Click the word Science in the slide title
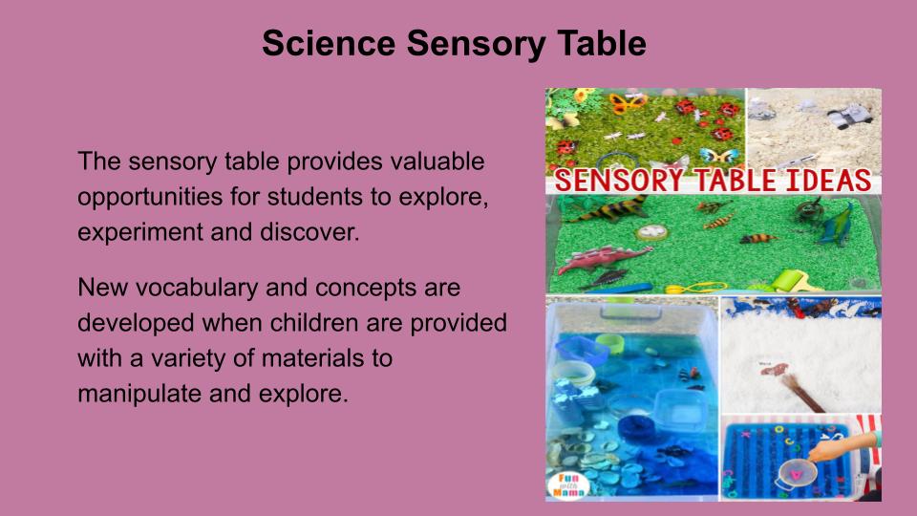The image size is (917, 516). point(329,44)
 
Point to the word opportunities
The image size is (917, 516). point(150,198)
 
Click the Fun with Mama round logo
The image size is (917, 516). point(567,485)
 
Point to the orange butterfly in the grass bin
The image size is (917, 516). point(628,103)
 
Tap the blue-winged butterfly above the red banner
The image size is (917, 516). point(718,156)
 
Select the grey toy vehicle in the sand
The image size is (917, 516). point(851,115)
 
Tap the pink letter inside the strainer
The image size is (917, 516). point(796,469)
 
